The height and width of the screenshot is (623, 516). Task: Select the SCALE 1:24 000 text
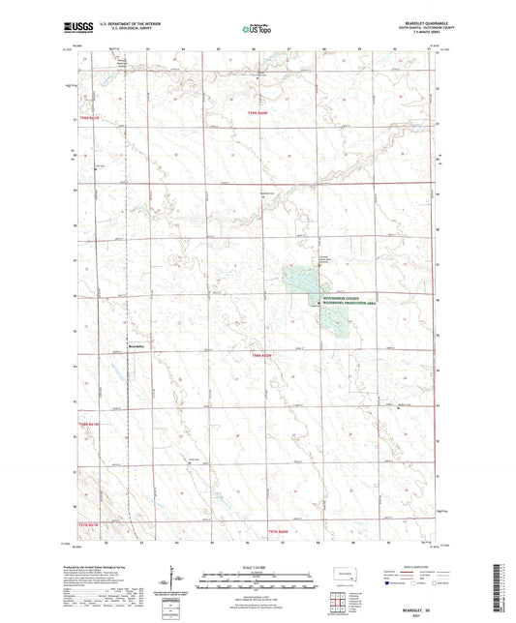pos(258,566)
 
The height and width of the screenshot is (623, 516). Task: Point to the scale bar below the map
pos(258,578)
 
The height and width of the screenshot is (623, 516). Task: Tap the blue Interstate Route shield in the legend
pos(389,583)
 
